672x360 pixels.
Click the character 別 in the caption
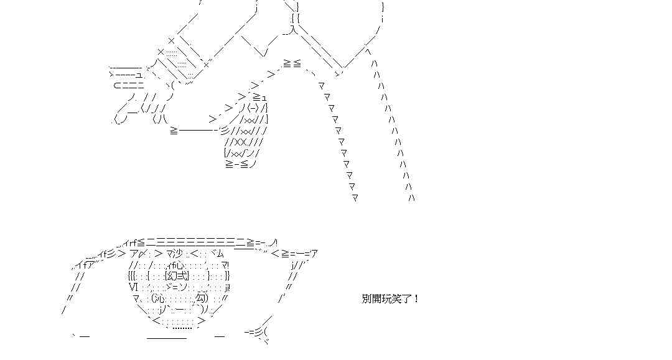[366, 298]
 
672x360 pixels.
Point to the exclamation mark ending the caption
[416, 298]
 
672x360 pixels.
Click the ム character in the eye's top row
[218, 253]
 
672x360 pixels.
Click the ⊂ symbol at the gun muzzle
[117, 85]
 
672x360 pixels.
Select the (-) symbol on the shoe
[253, 108]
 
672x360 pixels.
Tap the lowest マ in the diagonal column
[355, 198]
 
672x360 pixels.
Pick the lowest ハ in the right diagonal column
[411, 198]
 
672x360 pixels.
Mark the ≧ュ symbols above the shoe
[259, 97]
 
